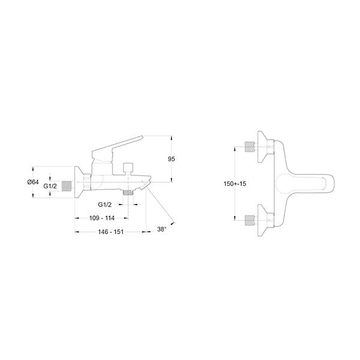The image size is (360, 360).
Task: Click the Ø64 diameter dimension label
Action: click(33, 182)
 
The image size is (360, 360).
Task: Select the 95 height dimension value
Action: click(171, 159)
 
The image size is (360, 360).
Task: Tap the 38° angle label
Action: click(162, 229)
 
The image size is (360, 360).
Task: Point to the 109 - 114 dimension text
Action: click(102, 218)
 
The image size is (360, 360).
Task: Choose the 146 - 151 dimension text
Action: click(110, 232)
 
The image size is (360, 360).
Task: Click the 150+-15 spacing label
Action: click(235, 184)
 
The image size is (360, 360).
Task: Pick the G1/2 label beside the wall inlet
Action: click(50, 186)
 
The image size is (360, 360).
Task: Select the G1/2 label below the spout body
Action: click(104, 205)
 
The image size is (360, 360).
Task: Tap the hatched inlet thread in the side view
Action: click(67, 186)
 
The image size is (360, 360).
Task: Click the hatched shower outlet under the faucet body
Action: click(128, 193)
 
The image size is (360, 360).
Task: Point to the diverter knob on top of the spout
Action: click(128, 169)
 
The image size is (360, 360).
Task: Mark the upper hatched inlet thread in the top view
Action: click(250, 147)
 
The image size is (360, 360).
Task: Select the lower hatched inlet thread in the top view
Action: click(250, 220)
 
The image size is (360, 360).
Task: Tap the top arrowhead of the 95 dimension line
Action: click(172, 138)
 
